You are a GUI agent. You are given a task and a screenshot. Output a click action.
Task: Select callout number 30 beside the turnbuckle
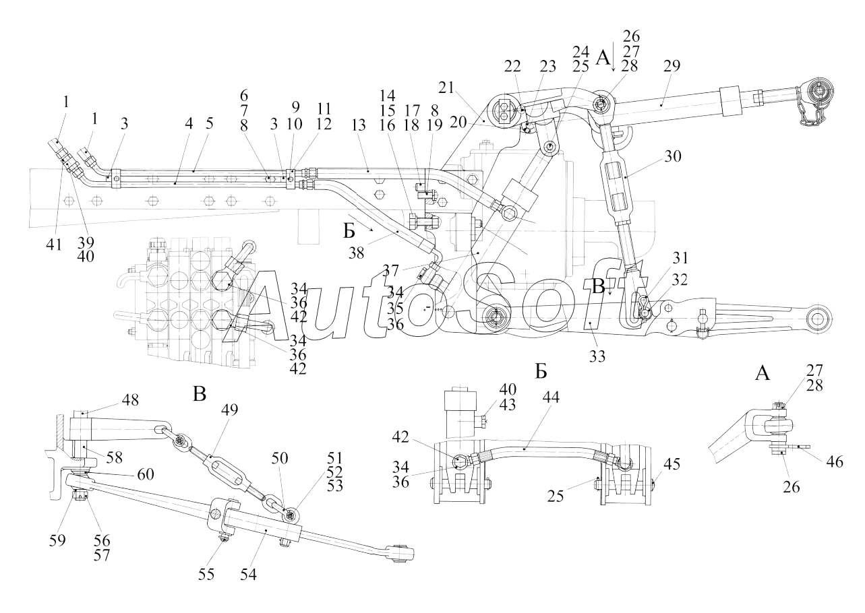point(673,156)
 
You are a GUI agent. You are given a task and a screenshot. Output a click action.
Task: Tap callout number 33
point(597,357)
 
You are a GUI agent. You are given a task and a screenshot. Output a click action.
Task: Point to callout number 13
point(359,125)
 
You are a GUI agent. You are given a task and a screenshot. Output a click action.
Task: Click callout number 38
point(356,253)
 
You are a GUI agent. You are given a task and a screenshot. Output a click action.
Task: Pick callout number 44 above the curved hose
point(551,397)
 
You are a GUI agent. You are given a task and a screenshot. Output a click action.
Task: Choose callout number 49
point(229,410)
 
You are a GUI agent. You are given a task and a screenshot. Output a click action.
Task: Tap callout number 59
point(57,540)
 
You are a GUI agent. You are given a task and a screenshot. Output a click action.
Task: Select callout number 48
point(130,400)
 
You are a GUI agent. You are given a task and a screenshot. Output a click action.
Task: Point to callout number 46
point(835,461)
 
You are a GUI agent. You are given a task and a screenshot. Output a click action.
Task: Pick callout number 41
point(54,244)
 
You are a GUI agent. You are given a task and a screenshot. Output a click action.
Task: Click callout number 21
point(446,88)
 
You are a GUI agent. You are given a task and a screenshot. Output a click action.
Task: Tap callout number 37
point(390,270)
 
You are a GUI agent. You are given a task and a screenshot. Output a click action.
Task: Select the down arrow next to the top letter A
point(613,61)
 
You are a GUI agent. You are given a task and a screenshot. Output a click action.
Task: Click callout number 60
point(146,474)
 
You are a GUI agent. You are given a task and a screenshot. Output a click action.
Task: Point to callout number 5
point(209,123)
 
